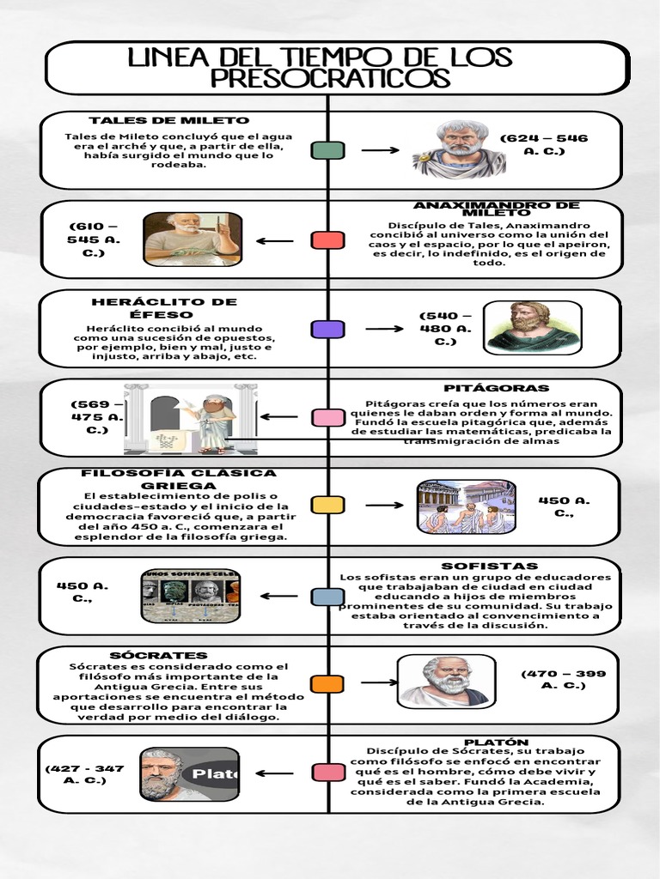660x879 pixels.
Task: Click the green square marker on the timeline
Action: tap(328, 151)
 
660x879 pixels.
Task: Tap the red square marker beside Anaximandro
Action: tap(328, 240)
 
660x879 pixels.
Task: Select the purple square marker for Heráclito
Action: tap(328, 329)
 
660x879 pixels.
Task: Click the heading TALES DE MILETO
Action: tap(168, 120)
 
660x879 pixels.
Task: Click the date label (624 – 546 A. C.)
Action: tap(544, 144)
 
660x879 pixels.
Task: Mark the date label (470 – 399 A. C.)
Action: tap(564, 680)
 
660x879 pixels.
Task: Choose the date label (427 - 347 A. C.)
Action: tap(84, 774)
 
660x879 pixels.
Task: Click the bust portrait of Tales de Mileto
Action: tap(461, 149)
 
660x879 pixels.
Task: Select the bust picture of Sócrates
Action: tap(444, 682)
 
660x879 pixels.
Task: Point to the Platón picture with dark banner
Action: tap(189, 774)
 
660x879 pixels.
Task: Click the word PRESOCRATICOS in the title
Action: tap(330, 79)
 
